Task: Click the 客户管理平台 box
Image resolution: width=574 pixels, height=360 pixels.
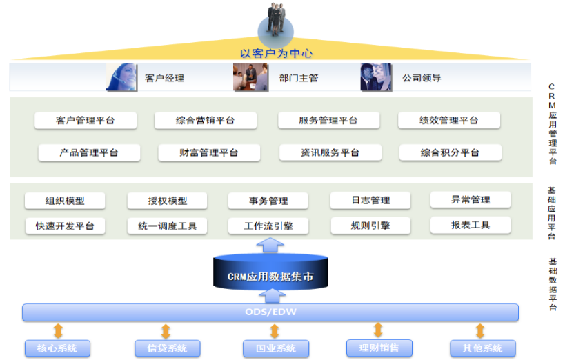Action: [x=86, y=121]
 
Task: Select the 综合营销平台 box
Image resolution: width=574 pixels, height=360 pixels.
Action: [x=206, y=121]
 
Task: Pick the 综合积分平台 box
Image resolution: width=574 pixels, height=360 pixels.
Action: [x=450, y=152]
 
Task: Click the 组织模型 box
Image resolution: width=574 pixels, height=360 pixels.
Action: [x=65, y=201]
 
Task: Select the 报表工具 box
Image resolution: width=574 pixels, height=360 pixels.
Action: [x=471, y=225]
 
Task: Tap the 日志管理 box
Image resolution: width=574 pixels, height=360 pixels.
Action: [x=370, y=201]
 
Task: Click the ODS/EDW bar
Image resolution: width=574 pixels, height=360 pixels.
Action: [x=270, y=312]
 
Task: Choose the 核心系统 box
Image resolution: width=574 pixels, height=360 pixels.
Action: [x=57, y=348]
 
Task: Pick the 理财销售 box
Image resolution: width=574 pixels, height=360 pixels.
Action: [x=379, y=348]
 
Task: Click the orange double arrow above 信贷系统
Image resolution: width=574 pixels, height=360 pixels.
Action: [x=166, y=331]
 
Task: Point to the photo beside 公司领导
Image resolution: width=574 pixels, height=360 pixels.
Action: [x=376, y=77]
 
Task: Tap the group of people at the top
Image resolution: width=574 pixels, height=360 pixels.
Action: [x=276, y=19]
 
